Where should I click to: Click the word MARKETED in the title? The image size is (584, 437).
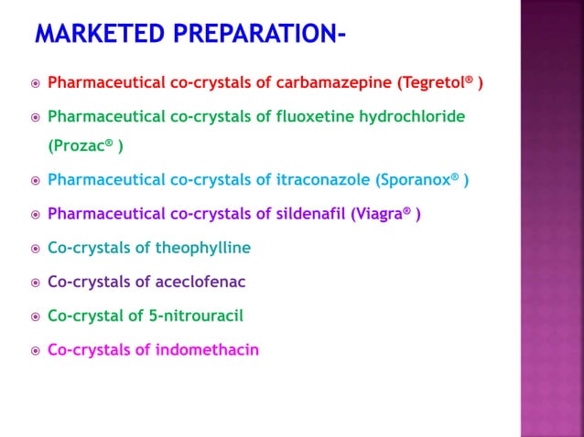click(x=95, y=35)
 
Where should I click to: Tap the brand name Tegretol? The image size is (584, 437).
click(x=431, y=83)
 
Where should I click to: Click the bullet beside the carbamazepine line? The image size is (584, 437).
click(x=35, y=84)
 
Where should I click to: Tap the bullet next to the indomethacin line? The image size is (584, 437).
click(x=35, y=350)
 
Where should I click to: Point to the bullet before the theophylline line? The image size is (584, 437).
click(x=35, y=249)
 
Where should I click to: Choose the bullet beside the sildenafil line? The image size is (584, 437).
click(x=35, y=215)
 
